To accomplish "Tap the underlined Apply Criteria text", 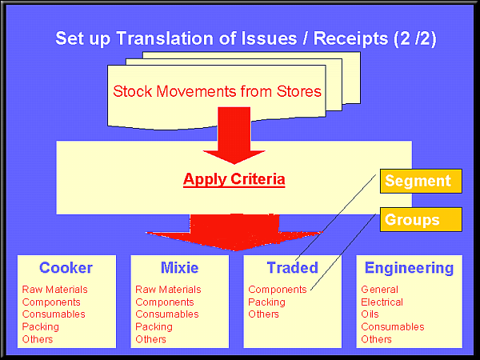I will (234, 179).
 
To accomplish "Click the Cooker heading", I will (66, 268).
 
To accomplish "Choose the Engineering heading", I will (409, 268).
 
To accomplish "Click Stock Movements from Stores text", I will (217, 91).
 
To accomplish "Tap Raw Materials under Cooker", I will (55, 290).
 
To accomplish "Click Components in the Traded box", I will (278, 290).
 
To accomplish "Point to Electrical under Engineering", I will (382, 302).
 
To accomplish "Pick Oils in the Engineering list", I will (370, 314).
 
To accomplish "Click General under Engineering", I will (379, 290).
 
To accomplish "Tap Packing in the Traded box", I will (266, 302).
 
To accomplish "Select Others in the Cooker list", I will (38, 339).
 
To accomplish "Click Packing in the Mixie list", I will (153, 327).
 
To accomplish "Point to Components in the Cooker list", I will (51, 302).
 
